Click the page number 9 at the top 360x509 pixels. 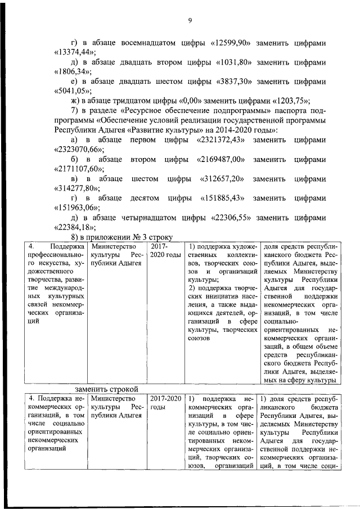click(x=190, y=20)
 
